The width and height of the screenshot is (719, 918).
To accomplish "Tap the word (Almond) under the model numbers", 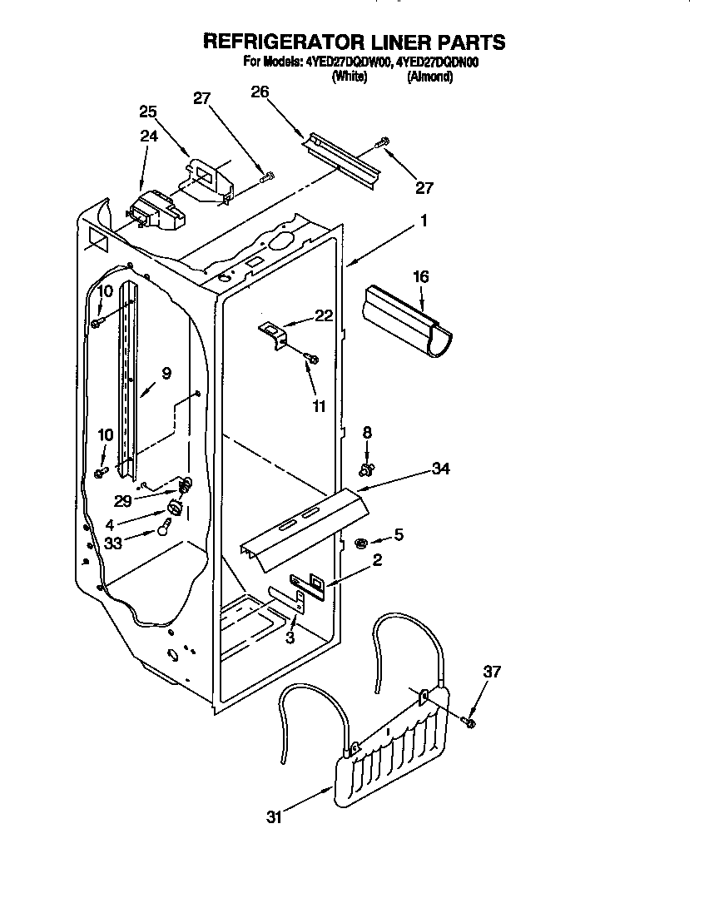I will coord(429,77).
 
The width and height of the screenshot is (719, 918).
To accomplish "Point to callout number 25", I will coord(148,112).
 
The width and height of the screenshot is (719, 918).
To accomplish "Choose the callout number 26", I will coord(260,92).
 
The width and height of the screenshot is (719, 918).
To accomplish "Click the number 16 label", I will coord(421,276).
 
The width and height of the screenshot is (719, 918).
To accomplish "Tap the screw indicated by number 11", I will coord(312,358).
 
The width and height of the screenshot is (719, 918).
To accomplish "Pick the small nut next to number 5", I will coord(361,543).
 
